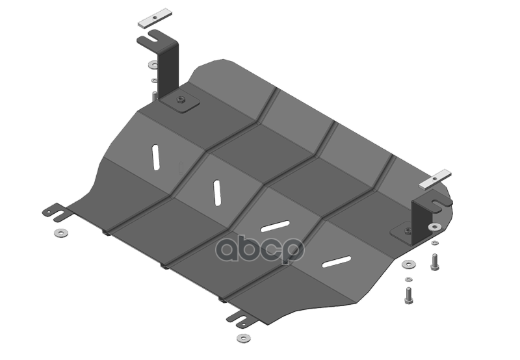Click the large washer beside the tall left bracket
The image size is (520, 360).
151,65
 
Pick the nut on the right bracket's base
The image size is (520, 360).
407,229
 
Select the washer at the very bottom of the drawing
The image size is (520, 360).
244,339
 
